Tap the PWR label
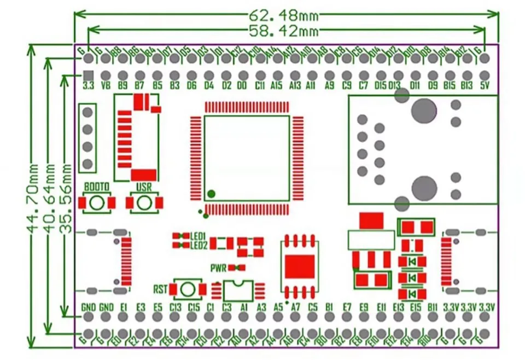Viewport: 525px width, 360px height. click(219, 268)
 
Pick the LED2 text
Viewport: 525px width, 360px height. click(198, 245)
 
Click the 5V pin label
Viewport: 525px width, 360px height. click(484, 86)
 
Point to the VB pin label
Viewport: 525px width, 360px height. click(106, 86)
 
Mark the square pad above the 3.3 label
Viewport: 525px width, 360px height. click(89, 75)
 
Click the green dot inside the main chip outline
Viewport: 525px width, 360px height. click(211, 193)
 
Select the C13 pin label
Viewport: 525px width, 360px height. click(175, 307)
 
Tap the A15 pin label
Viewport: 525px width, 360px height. click(277, 86)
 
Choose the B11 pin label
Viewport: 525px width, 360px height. click(433, 307)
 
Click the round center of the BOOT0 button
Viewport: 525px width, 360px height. click(97, 202)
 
